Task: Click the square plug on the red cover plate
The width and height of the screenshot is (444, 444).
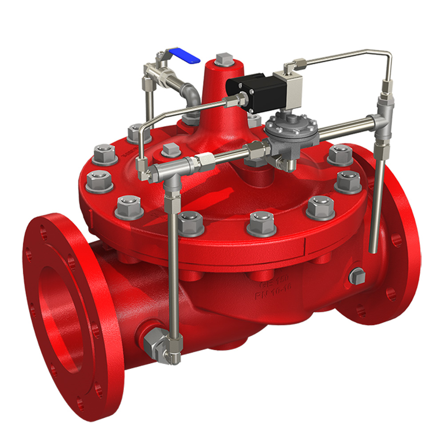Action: (170, 150)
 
